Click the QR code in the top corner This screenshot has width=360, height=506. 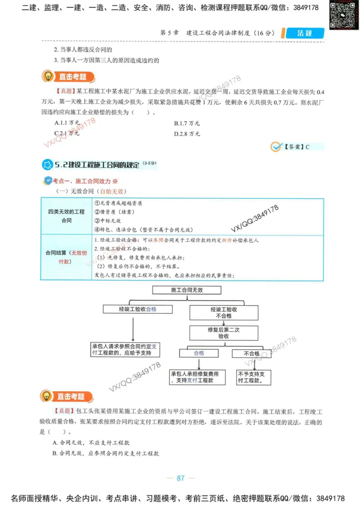click(x=340, y=14)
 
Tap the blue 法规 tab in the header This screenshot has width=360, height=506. click(x=304, y=33)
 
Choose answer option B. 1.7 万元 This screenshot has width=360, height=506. click(x=187, y=123)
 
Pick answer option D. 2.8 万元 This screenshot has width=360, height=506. click(x=187, y=134)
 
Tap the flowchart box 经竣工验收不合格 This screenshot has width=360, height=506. click(x=224, y=313)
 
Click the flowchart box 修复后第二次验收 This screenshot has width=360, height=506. click(x=224, y=333)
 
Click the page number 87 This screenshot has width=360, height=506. click(x=180, y=478)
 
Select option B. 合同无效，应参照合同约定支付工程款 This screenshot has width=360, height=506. click(x=106, y=453)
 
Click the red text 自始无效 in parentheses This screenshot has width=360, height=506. click(x=111, y=191)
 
